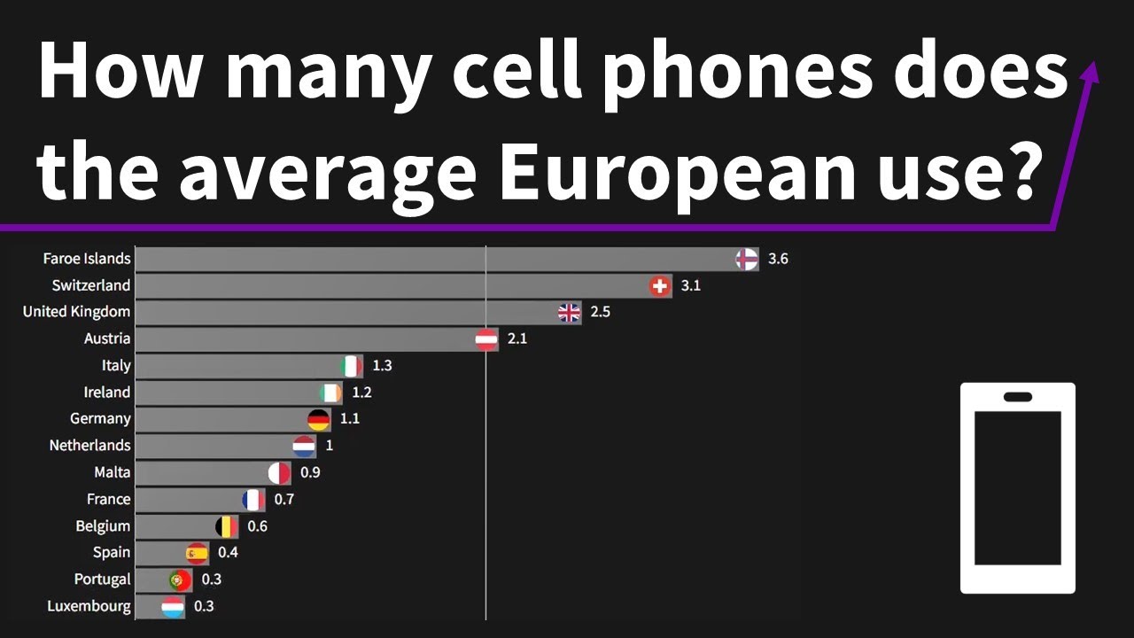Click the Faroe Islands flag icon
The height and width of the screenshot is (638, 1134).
[747, 259]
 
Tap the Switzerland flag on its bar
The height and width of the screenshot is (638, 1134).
[660, 285]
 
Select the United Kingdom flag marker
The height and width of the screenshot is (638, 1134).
[570, 312]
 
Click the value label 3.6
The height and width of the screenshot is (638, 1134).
[778, 259]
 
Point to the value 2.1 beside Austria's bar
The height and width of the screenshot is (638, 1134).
[517, 338]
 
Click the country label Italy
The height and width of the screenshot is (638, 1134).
[116, 365]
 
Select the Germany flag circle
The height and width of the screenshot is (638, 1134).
[319, 419]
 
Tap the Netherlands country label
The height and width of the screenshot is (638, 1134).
[89, 446]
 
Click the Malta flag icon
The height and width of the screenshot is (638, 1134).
[279, 472]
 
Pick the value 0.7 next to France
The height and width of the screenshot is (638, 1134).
[283, 499]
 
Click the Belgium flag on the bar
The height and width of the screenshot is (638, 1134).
[227, 526]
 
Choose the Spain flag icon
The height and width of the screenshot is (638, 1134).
[197, 553]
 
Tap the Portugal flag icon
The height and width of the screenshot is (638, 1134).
[180, 580]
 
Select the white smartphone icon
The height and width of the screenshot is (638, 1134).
[1017, 487]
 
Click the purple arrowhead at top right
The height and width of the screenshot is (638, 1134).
[1091, 71]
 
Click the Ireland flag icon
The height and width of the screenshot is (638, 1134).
[330, 393]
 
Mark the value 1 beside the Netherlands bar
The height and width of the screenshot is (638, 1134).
[329, 446]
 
